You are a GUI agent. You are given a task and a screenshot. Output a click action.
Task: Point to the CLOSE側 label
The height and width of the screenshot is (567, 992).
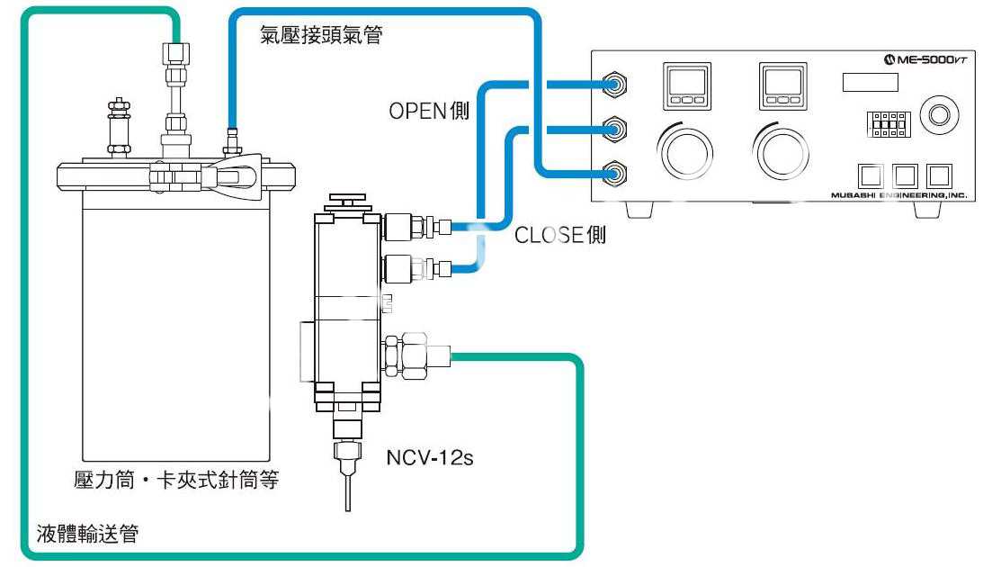click(x=559, y=236)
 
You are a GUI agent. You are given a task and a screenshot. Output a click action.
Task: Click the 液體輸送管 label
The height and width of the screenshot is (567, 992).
click(x=86, y=535)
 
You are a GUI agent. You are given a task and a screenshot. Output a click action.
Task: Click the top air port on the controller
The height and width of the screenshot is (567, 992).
click(x=615, y=85)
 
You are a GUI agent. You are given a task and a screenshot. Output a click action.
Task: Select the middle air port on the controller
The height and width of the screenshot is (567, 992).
click(x=615, y=128)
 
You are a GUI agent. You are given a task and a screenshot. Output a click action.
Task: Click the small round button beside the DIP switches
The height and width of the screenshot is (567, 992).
click(x=940, y=114)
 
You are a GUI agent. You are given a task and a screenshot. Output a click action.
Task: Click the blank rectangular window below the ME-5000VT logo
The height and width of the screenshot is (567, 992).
click(x=870, y=83)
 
